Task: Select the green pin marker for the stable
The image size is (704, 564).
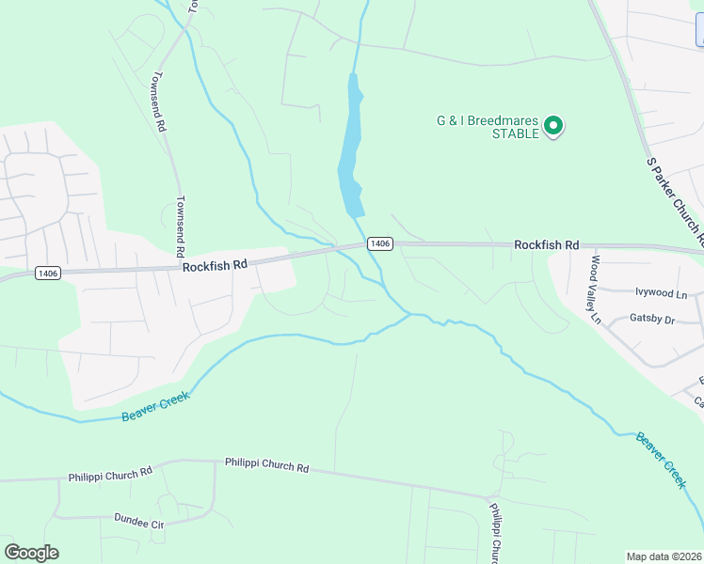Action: coord(554,126)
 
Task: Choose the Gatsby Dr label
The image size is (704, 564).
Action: coord(652,321)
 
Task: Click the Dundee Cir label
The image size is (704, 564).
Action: coord(139,519)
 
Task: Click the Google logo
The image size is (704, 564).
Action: coord(31,553)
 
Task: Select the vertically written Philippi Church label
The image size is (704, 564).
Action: coord(495,534)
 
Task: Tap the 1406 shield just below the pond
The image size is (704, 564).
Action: coord(379,243)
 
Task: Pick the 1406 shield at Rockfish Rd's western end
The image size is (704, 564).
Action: coord(48,273)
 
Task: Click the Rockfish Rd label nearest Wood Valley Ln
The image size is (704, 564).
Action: coord(546,244)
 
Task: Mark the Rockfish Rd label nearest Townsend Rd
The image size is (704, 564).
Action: coord(215,266)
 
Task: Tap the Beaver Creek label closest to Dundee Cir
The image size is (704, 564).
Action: coord(155,405)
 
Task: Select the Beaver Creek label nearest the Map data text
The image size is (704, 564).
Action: coord(661,459)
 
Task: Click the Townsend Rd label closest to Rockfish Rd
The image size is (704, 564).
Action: coord(180,227)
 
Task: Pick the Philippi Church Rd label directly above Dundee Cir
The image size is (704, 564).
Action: coord(110,475)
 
